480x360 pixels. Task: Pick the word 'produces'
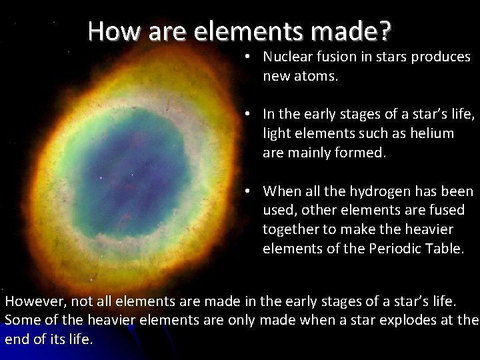(x=444, y=58)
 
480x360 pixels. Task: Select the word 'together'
(x=291, y=229)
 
